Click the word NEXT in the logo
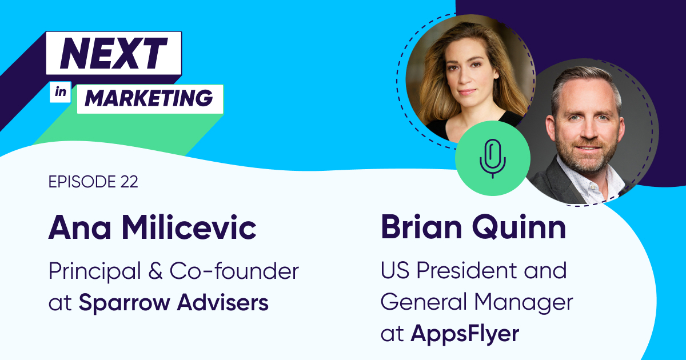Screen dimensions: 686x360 tap(114, 53)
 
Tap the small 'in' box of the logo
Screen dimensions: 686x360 tap(61, 92)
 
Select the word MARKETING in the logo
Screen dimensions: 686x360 tap(149, 98)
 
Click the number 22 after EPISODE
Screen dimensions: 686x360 tap(129, 182)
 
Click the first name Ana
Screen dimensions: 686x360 tap(79, 228)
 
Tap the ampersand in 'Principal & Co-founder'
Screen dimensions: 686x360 tap(155, 271)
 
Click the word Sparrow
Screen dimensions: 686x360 tap(125, 303)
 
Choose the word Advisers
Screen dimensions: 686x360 tap(223, 302)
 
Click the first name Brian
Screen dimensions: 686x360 tap(421, 227)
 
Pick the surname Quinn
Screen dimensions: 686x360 tap(520, 228)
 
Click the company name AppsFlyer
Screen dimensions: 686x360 tap(465, 334)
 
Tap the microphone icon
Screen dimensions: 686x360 tap(492, 159)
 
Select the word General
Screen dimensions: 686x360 tap(424, 302)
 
